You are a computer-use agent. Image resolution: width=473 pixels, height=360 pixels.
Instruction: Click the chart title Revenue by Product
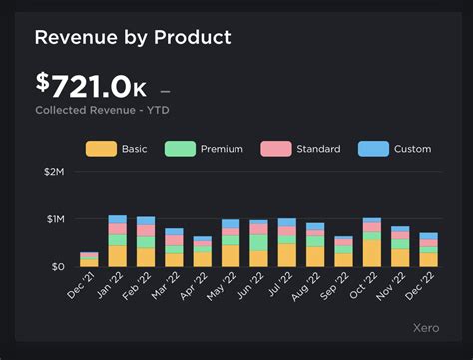[x=132, y=38]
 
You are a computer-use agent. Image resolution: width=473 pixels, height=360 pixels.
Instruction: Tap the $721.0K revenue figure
[x=91, y=86]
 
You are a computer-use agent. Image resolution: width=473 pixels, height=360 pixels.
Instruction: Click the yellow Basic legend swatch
[x=100, y=149]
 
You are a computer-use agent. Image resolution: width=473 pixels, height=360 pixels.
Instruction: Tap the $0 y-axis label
[x=57, y=266]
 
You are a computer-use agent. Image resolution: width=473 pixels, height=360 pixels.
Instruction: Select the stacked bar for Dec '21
[x=89, y=259]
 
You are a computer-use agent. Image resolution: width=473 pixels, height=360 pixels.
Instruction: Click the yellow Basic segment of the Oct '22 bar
[x=372, y=253]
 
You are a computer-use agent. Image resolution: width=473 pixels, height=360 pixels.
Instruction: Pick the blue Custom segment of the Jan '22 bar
[x=118, y=219]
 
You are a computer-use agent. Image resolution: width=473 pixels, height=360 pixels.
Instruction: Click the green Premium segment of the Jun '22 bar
[x=259, y=242]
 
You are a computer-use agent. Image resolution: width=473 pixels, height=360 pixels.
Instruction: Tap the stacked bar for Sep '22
[x=344, y=251]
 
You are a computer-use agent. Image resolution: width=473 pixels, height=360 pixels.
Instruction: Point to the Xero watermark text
[x=428, y=328]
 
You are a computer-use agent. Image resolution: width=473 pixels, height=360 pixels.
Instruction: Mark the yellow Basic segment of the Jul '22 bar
[x=287, y=255]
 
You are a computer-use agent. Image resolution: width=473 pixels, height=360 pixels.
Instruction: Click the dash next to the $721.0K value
[x=165, y=89]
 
